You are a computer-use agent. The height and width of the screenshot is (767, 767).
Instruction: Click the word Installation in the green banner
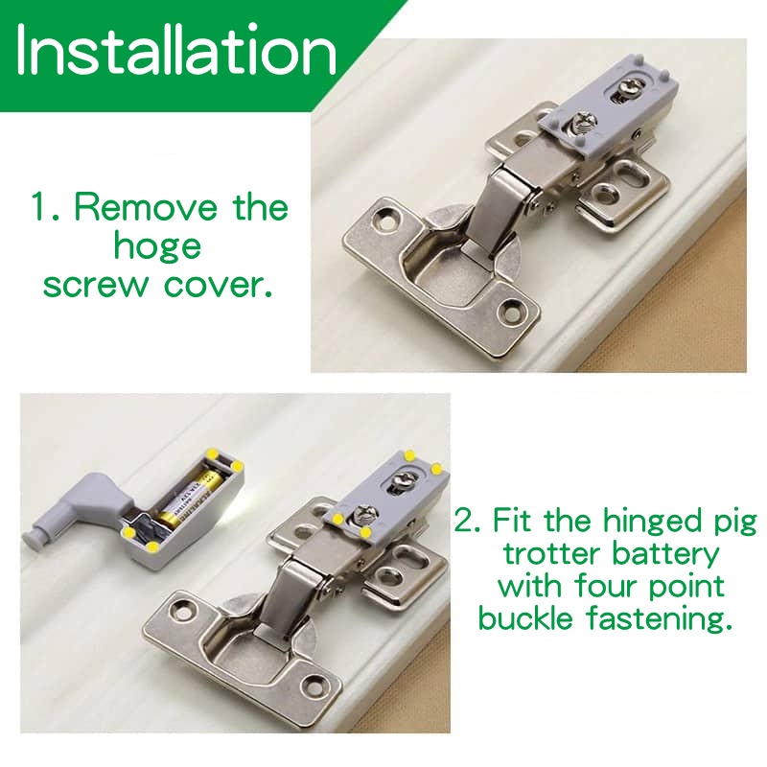(176, 49)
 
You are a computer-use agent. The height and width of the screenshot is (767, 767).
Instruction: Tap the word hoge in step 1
(157, 247)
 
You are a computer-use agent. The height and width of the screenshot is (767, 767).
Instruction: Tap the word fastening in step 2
(660, 617)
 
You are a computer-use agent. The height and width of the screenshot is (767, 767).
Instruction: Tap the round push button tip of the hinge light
(32, 537)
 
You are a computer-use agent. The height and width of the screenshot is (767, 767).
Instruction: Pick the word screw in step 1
(95, 285)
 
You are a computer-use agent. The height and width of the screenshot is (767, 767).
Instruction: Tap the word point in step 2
(686, 586)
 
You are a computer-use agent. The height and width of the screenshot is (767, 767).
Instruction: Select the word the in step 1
(260, 207)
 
